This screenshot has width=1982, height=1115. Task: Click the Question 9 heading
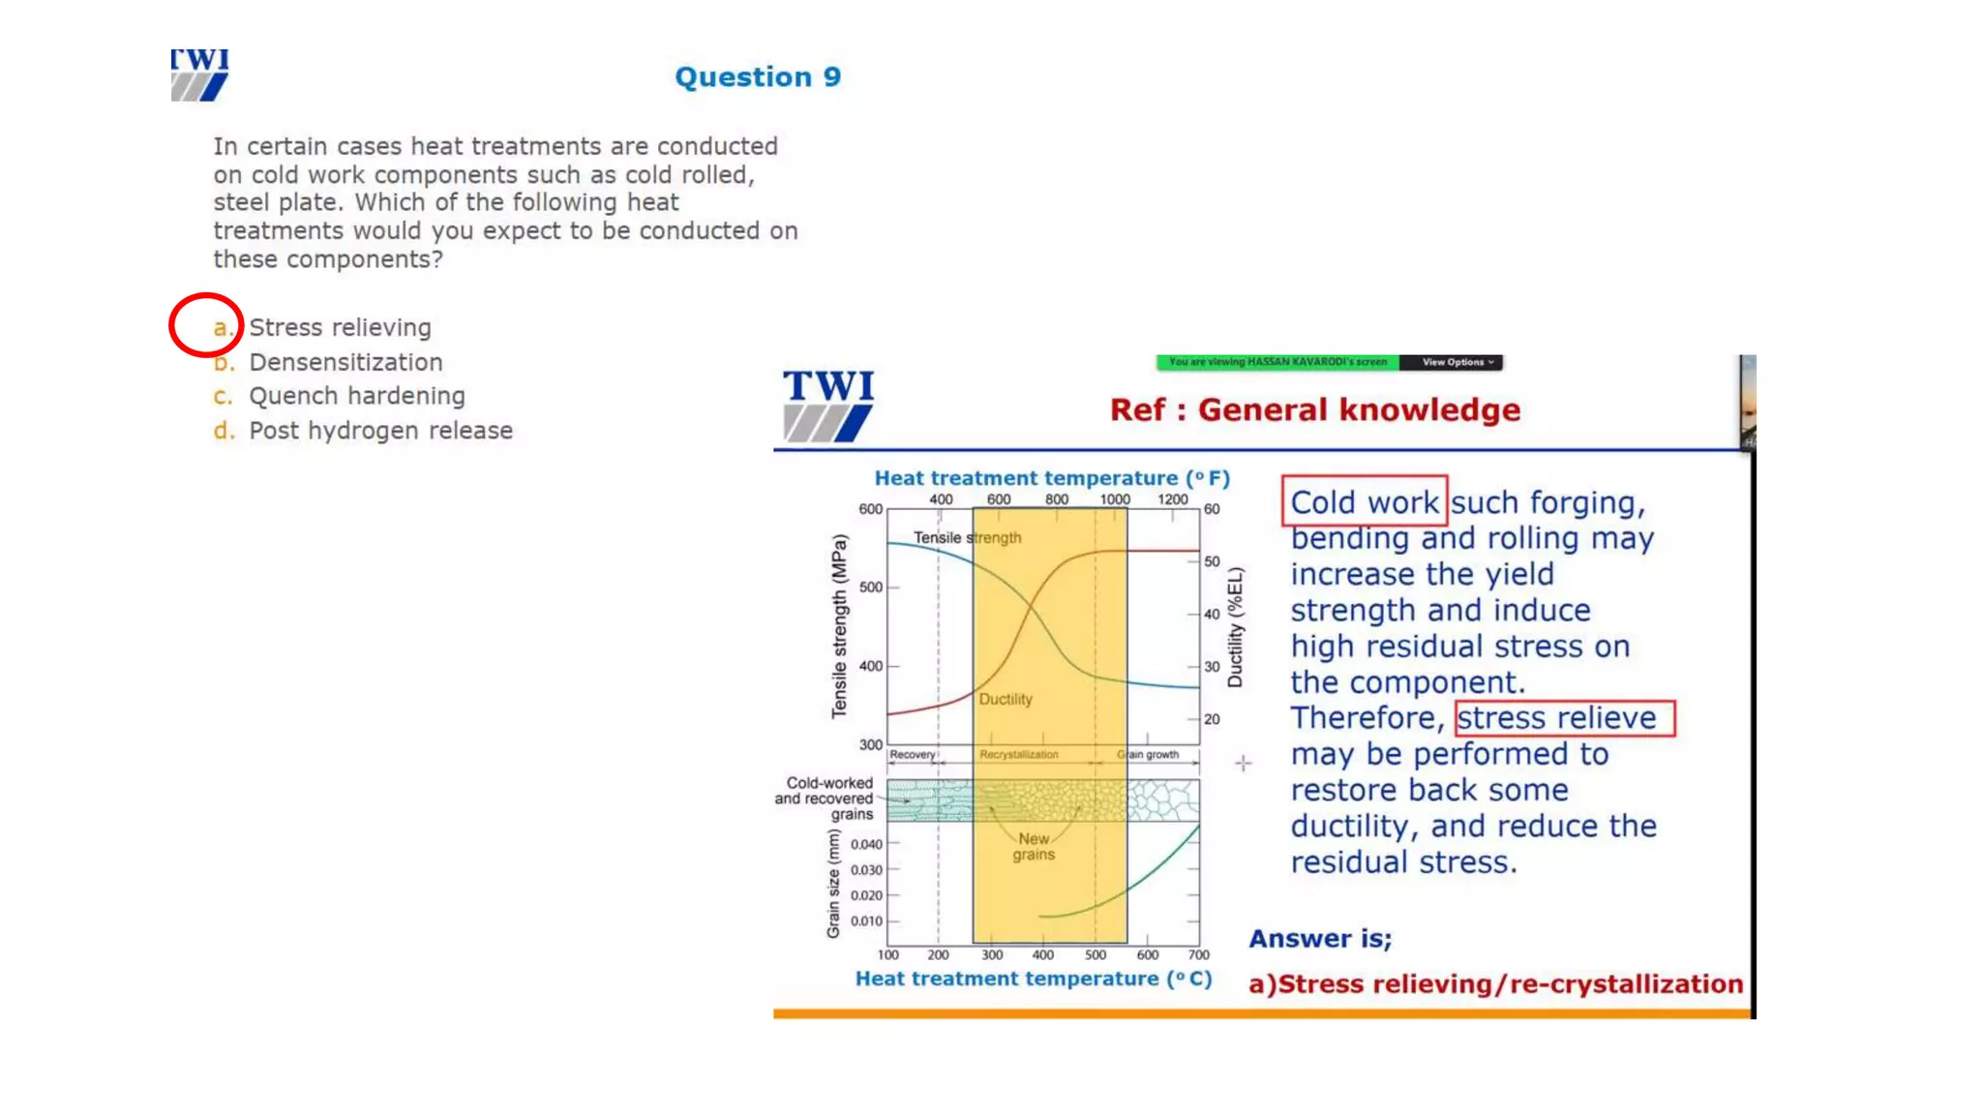[x=758, y=77]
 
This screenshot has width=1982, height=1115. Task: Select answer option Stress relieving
[x=339, y=327]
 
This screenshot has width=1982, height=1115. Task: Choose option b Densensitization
[x=345, y=362]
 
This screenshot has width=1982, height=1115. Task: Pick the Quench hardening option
[x=356, y=396]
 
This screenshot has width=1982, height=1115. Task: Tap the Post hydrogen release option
[x=380, y=431]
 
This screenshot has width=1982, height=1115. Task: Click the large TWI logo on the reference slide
[x=828, y=406]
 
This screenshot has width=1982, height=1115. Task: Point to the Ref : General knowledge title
[x=1314, y=410]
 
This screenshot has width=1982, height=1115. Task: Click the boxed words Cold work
[x=1364, y=501]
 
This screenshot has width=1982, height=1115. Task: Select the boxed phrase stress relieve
[x=1564, y=718]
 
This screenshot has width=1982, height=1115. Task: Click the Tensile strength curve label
[x=966, y=538]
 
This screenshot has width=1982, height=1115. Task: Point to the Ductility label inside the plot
[x=1005, y=699]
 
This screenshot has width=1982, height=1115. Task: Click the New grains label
[x=1033, y=847]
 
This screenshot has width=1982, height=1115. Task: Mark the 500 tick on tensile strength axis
[x=871, y=588]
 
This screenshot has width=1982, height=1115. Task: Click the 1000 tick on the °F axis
[x=1114, y=499]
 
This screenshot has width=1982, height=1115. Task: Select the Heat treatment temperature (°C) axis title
[x=1033, y=979]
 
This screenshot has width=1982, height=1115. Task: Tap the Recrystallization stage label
[x=1018, y=755]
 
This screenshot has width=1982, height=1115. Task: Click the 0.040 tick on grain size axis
[x=866, y=844]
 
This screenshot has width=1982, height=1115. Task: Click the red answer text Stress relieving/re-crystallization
[x=1495, y=984]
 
